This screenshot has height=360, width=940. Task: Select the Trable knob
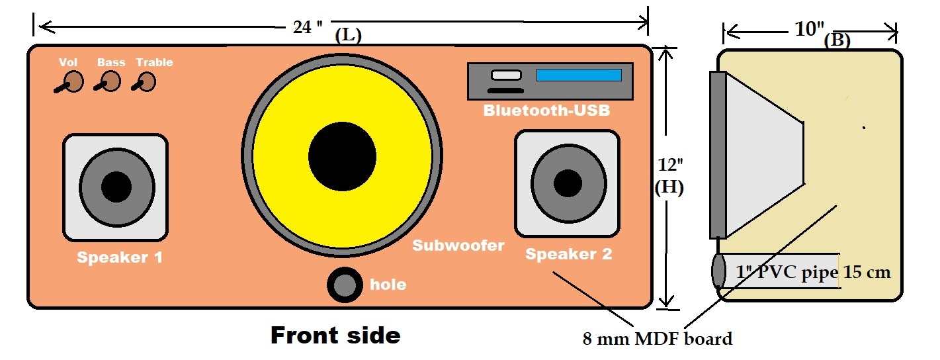(x=146, y=82)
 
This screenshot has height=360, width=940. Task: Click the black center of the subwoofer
(x=342, y=156)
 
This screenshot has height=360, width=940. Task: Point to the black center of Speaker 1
(x=116, y=187)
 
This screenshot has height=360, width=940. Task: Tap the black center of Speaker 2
(x=568, y=183)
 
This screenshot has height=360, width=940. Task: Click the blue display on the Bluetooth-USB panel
(x=579, y=75)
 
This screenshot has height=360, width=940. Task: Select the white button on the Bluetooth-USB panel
(x=506, y=75)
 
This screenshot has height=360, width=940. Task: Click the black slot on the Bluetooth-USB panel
(x=505, y=91)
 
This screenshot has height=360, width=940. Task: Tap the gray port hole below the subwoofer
(x=345, y=285)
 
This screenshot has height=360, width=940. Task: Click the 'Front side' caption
(x=336, y=336)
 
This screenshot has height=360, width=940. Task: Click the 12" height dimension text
(x=670, y=165)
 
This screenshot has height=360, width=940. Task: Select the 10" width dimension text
(x=810, y=29)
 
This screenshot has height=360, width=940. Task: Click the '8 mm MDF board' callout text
(x=658, y=339)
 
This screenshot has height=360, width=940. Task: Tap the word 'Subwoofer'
(x=458, y=246)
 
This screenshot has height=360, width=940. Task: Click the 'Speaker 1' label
(x=120, y=257)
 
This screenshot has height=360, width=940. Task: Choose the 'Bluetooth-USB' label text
(x=546, y=111)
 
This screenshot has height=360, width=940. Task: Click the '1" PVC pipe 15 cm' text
(x=813, y=272)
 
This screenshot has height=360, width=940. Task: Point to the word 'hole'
(x=388, y=285)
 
